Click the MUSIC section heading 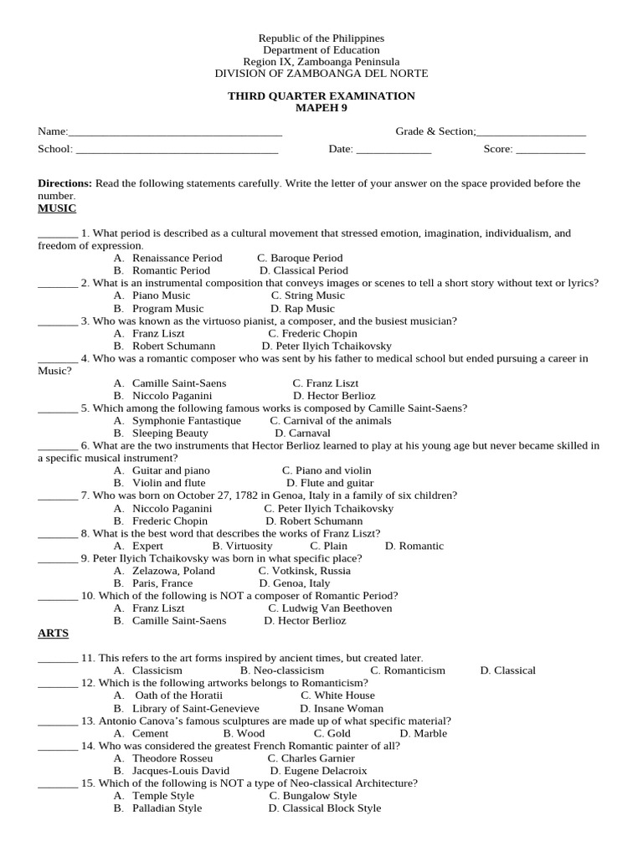tap(57, 208)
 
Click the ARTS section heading tap(53, 634)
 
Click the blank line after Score tap(550, 151)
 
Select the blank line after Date tap(394, 151)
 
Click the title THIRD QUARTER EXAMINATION tap(321, 96)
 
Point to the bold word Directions tap(64, 183)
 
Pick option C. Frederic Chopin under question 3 tap(312, 334)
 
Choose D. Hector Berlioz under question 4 tap(334, 396)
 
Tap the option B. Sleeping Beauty tap(161, 434)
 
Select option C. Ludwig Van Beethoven tap(330, 608)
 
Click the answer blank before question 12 tap(58, 684)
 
